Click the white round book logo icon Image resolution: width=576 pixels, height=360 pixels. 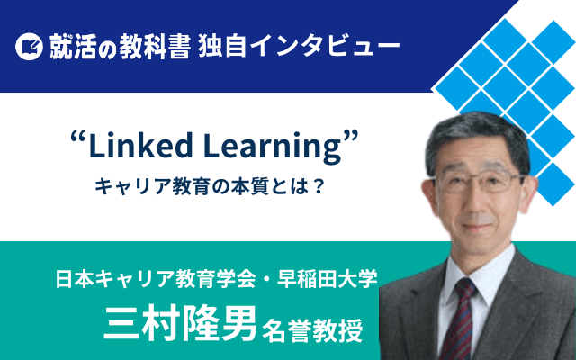tap(29, 47)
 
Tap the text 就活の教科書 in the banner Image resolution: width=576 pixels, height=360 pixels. tap(120, 47)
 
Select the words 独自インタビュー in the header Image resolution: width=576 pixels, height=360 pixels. tap(298, 47)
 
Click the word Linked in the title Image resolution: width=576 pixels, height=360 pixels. tap(140, 146)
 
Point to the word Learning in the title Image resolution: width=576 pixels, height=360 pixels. tap(273, 148)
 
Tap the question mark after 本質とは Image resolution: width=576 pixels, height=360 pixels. tap(318, 187)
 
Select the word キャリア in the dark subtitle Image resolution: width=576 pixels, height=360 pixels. tap(128, 187)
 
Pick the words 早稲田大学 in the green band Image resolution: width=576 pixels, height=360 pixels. tap(327, 279)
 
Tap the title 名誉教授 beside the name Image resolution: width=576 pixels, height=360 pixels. tap(312, 330)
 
